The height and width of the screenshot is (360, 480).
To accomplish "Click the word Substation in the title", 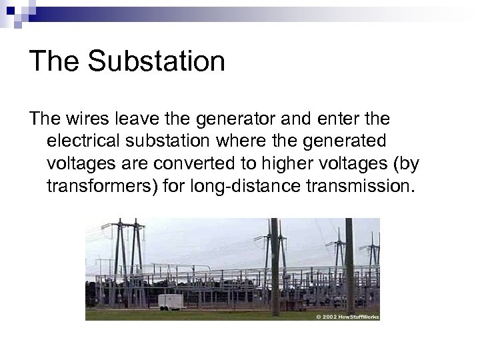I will (x=157, y=61).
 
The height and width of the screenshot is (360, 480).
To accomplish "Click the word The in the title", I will (x=55, y=61).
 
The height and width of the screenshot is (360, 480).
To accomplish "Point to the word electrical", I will (x=84, y=141).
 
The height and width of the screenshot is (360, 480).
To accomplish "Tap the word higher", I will (x=293, y=163).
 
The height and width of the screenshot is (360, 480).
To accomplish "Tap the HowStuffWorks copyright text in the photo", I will (x=347, y=317).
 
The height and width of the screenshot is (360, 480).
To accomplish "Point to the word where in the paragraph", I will (x=241, y=141).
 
